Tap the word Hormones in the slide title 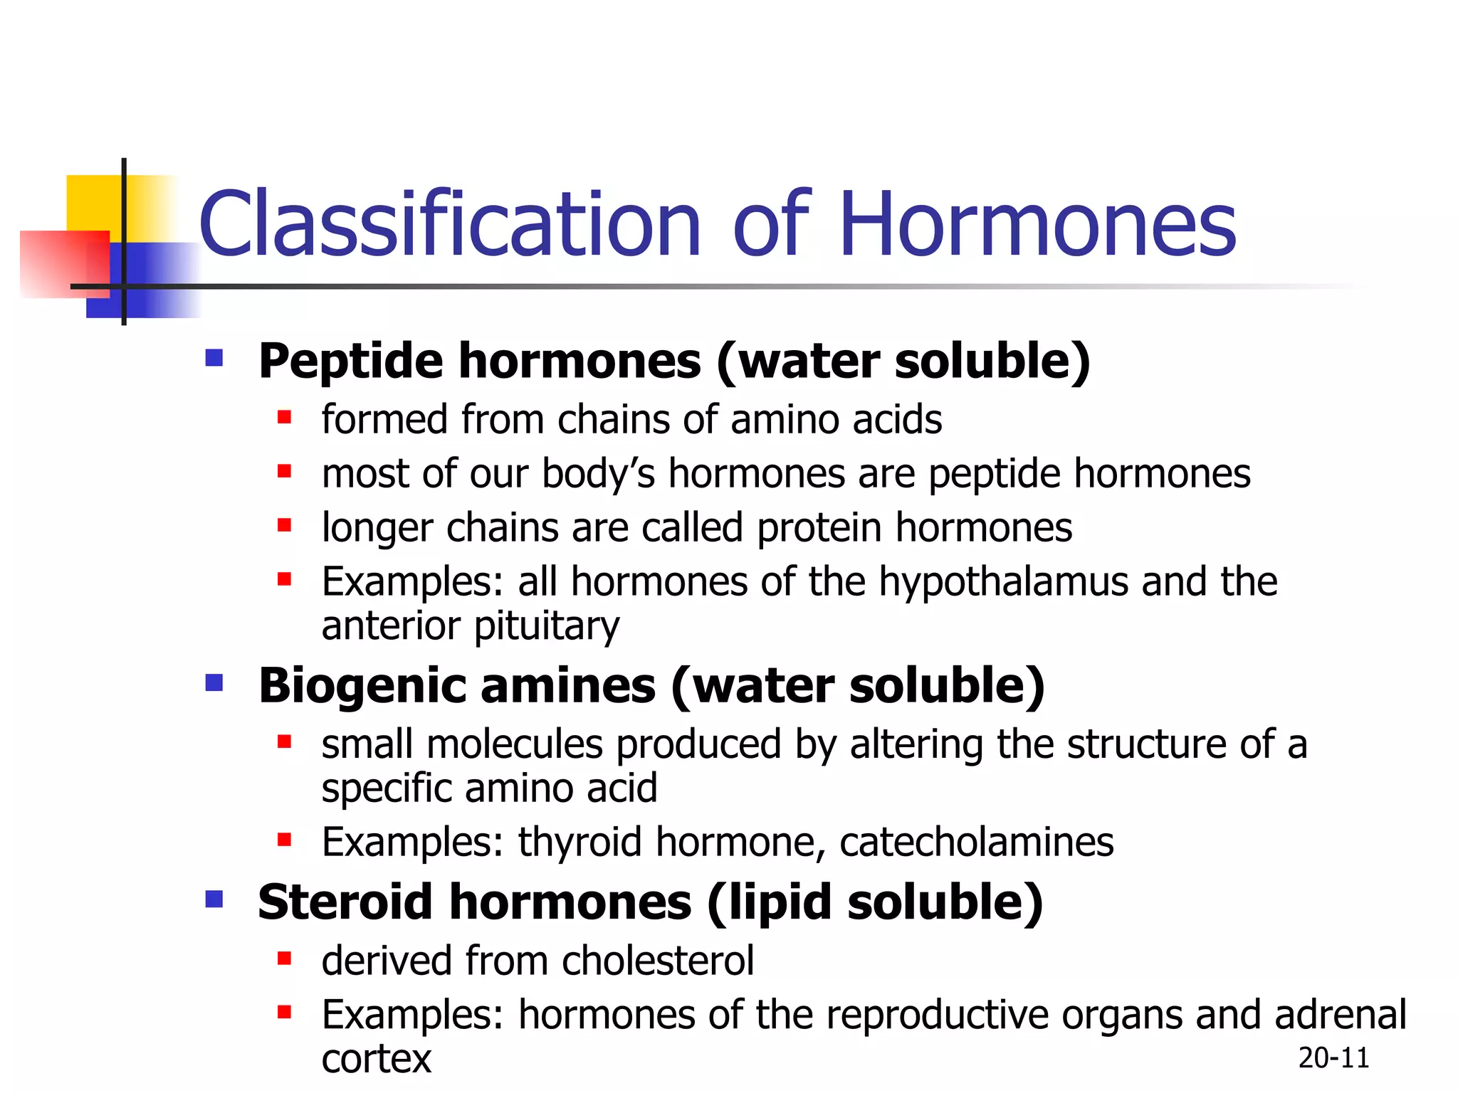[x=1037, y=224]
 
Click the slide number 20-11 [x=1333, y=1058]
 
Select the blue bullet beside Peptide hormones [x=214, y=357]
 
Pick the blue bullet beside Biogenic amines [x=214, y=683]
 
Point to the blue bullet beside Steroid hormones [x=214, y=900]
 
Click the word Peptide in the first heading [x=350, y=361]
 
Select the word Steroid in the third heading [x=345, y=902]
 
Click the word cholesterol [x=658, y=961]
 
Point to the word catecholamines [x=976, y=843]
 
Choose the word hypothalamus [x=1003, y=582]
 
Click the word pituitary [x=546, y=627]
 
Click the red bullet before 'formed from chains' [x=285, y=418]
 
